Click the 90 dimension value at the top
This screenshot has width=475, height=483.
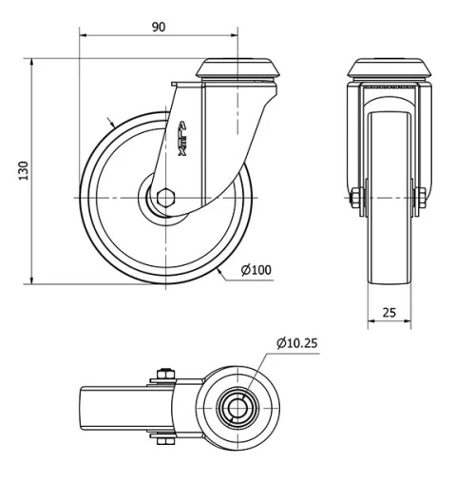pyautogui.click(x=159, y=27)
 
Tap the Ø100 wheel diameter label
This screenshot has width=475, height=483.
pyautogui.click(x=256, y=270)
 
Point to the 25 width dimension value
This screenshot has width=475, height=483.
pyautogui.click(x=389, y=311)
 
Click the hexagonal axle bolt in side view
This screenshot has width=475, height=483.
pyautogui.click(x=164, y=198)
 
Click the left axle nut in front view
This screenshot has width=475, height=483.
pyautogui.click(x=355, y=198)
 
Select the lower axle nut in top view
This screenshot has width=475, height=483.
pyautogui.click(x=162, y=439)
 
